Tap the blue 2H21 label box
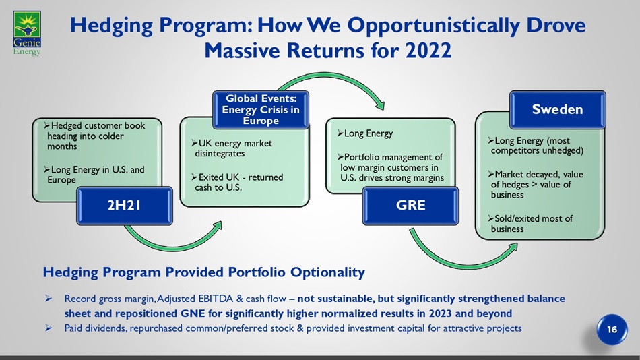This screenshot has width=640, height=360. click(125, 206)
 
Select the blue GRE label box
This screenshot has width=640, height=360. click(411, 206)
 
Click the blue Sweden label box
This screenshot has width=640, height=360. click(558, 109)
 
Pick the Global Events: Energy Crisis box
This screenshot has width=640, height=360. click(261, 109)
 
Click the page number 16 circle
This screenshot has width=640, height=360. click(612, 330)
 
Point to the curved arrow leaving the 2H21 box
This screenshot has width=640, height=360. click(171, 245)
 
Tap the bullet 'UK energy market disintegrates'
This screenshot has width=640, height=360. click(232, 148)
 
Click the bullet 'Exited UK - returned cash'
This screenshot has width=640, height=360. click(237, 182)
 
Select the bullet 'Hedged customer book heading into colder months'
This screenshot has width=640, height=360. click(94, 136)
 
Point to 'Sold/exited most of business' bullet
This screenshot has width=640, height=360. click(530, 224)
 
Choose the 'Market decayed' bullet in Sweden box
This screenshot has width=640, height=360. click(536, 184)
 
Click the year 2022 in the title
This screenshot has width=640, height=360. click(428, 51)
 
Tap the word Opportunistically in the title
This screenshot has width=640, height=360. click(433, 26)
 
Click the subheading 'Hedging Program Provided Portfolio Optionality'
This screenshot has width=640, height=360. click(203, 272)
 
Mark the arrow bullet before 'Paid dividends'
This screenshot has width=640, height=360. click(48, 328)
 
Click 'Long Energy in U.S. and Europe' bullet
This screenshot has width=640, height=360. click(94, 175)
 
